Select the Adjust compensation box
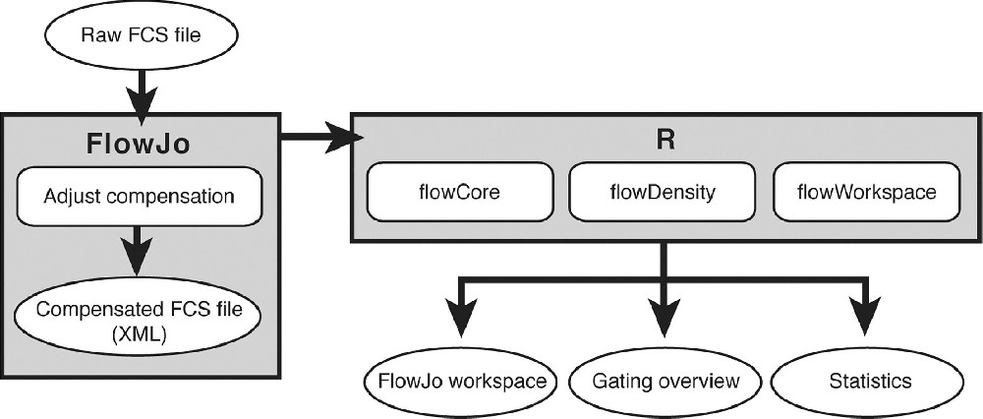pos(139,196)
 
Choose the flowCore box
pos(458,192)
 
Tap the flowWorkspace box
pos(865,192)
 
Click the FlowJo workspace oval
pos(457,380)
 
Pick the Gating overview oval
pos(665,380)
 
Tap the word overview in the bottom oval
pos(700,380)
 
